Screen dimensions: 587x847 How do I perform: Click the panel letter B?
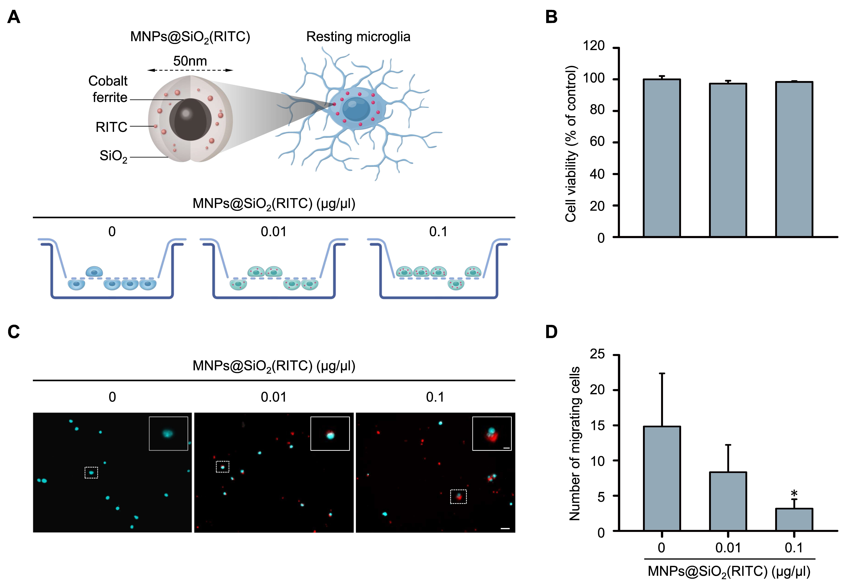pos(551,17)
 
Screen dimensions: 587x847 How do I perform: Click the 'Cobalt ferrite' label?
pos(108,89)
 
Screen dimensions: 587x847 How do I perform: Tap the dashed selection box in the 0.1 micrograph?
pos(458,496)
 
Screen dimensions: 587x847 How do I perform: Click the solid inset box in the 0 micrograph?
pos(168,433)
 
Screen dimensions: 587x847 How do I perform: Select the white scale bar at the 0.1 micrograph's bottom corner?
pos(505,529)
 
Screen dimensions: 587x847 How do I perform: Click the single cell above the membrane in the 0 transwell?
pos(94,272)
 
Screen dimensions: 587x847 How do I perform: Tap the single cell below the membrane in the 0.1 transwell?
pos(456,284)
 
